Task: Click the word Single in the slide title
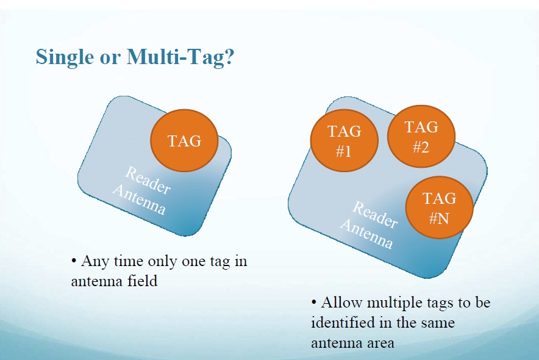tap(65, 57)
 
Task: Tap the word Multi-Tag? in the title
tap(180, 57)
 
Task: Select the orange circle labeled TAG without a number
tap(184, 140)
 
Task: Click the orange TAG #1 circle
tap(344, 140)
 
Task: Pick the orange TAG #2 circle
tap(421, 136)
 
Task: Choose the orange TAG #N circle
tap(440, 207)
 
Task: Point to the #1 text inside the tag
tap(344, 151)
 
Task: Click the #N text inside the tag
tap(440, 218)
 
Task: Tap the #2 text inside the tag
tap(421, 147)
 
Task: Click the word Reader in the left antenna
tap(148, 180)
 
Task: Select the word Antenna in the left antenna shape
tap(139, 200)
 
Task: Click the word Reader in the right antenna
tap(376, 215)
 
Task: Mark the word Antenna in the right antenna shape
tap(366, 234)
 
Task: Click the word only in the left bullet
tap(162, 262)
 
